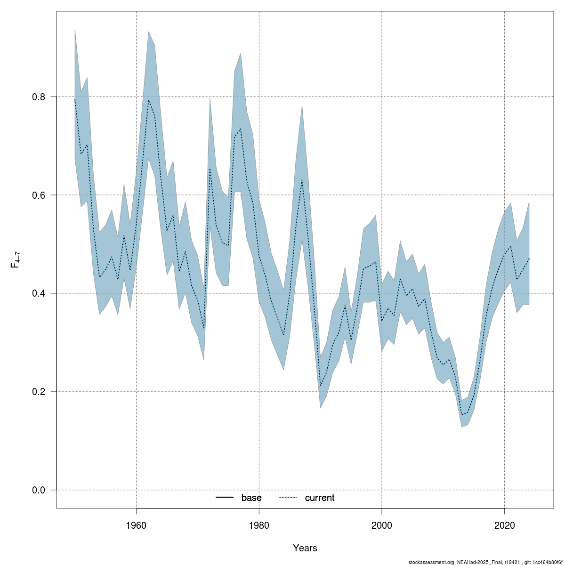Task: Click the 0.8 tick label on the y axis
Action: [39, 97]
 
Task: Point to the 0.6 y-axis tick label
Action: [39, 195]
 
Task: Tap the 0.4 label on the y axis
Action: [39, 293]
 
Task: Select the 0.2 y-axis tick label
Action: [39, 392]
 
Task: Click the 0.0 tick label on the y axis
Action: [39, 490]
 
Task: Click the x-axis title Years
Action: [305, 548]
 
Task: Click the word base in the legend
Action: [251, 498]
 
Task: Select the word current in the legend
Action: [320, 498]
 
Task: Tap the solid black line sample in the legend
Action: [225, 498]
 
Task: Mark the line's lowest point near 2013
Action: [461, 415]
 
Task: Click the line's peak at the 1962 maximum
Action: [148, 100]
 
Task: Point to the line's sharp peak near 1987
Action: [302, 179]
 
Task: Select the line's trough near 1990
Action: [320, 386]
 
